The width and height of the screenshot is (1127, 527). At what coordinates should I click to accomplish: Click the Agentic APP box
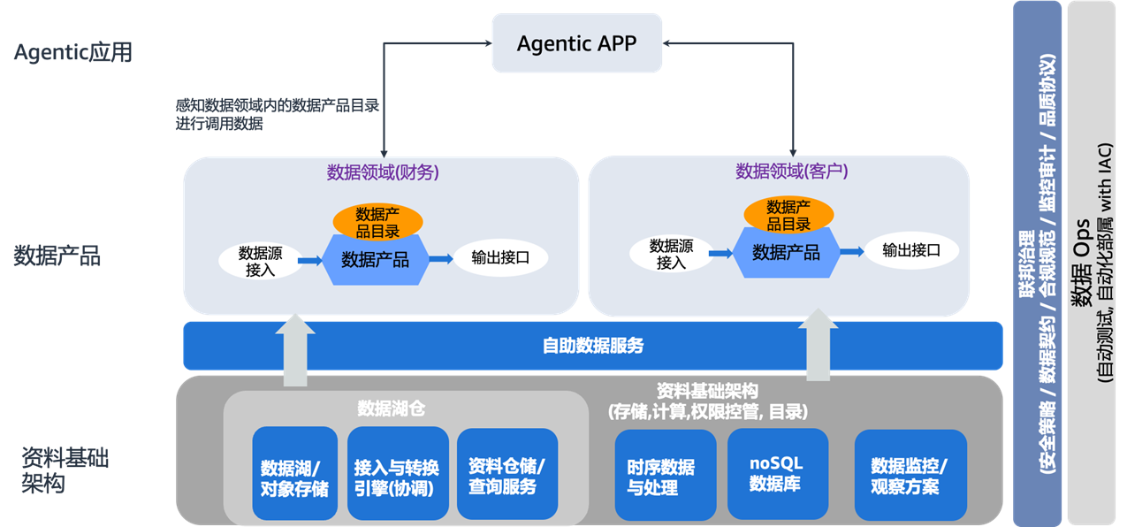[576, 43]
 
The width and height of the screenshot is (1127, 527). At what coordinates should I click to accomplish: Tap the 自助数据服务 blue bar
[592, 346]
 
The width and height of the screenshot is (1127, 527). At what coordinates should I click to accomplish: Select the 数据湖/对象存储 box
[294, 475]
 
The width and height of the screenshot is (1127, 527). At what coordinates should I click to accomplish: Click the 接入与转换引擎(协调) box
[396, 475]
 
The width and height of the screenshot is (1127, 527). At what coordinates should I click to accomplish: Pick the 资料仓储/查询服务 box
[507, 475]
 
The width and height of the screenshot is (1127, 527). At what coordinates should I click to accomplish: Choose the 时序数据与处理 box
[665, 475]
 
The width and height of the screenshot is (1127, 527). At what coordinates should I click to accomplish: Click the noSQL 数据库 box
[777, 473]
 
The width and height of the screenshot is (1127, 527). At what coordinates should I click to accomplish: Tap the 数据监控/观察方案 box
[910, 475]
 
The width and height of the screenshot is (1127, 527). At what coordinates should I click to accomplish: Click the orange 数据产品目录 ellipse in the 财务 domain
[377, 222]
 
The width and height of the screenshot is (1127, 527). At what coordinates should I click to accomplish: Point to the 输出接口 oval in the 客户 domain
[910, 250]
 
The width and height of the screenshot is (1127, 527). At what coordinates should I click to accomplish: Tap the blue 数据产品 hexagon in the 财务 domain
[376, 259]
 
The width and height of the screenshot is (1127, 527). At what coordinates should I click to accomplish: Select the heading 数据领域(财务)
[383, 173]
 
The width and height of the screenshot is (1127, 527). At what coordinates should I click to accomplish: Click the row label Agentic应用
[73, 52]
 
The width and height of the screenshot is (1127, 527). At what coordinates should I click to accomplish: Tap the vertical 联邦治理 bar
[1037, 263]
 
